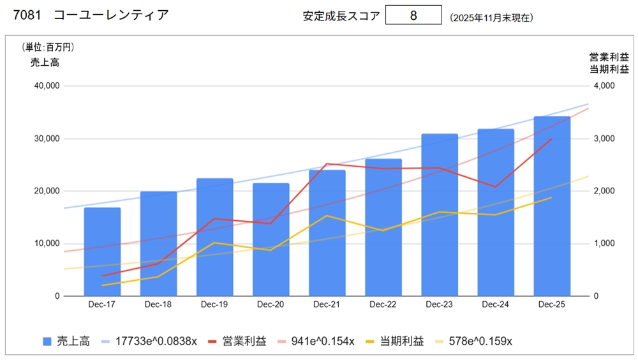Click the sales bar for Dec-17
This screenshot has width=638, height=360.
pyautogui.click(x=102, y=251)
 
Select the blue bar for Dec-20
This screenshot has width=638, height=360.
pyautogui.click(x=271, y=239)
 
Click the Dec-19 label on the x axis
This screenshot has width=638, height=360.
pyautogui.click(x=214, y=305)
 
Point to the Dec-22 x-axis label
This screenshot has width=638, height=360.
pyautogui.click(x=383, y=305)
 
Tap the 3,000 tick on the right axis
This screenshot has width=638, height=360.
pyautogui.click(x=603, y=139)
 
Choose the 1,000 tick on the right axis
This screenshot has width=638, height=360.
pyautogui.click(x=603, y=244)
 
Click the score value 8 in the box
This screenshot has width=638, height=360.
pyautogui.click(x=413, y=16)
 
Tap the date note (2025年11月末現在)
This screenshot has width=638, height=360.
pyautogui.click(x=491, y=18)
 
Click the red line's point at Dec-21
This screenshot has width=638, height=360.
pyautogui.click(x=327, y=164)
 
